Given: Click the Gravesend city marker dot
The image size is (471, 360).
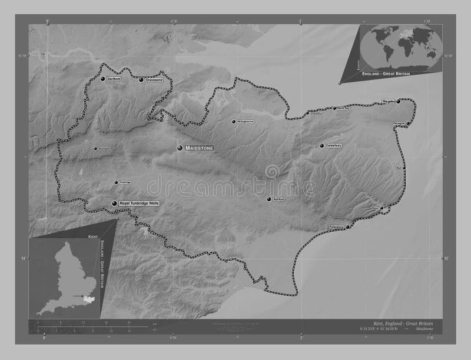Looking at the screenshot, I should tap(141, 79).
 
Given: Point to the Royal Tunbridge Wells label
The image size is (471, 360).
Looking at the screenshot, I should tap(139, 203).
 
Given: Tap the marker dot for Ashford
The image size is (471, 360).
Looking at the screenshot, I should tap(268, 199).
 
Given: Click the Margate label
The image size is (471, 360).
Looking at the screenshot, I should tap(388, 101).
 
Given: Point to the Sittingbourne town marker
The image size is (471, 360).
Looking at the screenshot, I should tap(233, 122).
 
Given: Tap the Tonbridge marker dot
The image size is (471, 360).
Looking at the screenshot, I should tap(116, 182).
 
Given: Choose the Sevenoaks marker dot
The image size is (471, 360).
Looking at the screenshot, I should tap(96, 148).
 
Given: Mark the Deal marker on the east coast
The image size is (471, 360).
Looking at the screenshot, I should tap(404, 168).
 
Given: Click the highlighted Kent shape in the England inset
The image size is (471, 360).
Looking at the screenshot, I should tap(89, 299).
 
